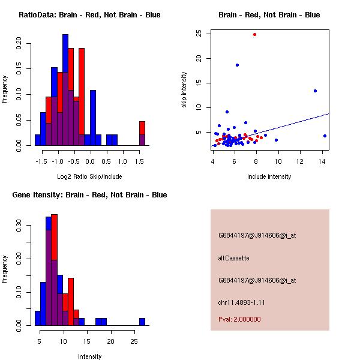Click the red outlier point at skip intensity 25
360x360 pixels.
coord(254,34)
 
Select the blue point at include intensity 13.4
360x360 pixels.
coord(315,91)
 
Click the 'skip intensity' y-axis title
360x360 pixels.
coord(184,90)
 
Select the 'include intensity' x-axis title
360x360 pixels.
coord(269,176)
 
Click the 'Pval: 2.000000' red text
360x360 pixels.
coord(239,319)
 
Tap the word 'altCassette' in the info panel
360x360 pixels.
coord(233,257)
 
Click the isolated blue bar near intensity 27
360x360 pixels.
coord(142,322)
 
